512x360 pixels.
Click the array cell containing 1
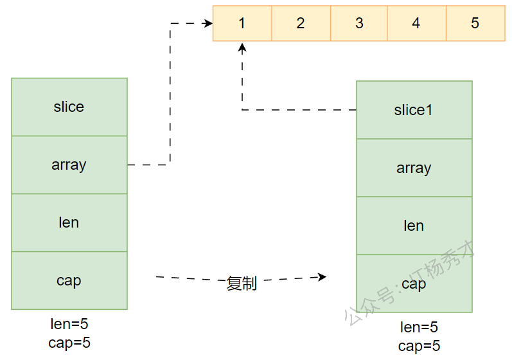coord(242,23)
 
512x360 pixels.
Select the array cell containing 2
coord(301,23)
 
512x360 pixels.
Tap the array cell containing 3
coord(359,23)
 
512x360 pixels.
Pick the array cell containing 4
coord(416,23)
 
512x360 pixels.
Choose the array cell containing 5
coord(475,23)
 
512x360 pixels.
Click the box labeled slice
coord(69,107)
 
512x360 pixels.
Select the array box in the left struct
coord(69,165)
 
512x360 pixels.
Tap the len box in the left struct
coord(69,222)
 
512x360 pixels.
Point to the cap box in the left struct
coord(69,280)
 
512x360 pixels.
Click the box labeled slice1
coord(414,110)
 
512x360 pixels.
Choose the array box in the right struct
coord(414,168)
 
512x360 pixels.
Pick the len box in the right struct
coord(414,226)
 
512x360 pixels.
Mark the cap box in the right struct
coord(414,283)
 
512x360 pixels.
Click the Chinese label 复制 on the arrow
coord(242,283)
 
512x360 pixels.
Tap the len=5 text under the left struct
coord(69,324)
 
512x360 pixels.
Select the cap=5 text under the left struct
coord(69,343)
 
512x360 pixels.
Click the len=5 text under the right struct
coord(419,327)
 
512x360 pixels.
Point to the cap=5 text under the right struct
coord(419,346)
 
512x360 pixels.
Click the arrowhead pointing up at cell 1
coord(242,47)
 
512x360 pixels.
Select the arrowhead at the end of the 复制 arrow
coord(322,276)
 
